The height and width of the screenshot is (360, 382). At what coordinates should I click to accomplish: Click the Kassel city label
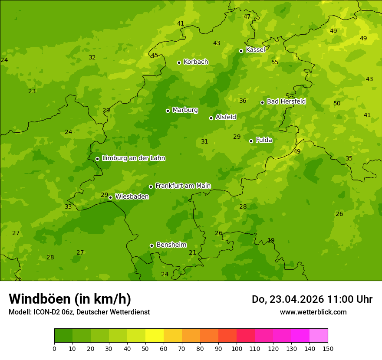[255, 50]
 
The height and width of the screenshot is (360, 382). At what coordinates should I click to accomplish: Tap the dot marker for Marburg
[168, 111]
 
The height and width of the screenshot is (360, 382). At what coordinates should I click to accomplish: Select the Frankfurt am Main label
[183, 186]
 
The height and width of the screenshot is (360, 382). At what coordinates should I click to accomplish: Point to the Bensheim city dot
[151, 245]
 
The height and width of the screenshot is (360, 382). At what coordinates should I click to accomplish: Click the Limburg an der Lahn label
[133, 158]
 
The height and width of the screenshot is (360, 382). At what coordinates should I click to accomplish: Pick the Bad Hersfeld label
[286, 101]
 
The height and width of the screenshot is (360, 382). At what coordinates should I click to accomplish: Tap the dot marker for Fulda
[251, 141]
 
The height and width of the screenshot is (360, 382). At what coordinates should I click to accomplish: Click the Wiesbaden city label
[132, 196]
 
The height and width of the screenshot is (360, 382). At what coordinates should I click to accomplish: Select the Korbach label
[196, 62]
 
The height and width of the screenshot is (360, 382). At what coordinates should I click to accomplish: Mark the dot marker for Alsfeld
[211, 118]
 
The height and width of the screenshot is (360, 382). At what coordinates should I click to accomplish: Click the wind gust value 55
[275, 62]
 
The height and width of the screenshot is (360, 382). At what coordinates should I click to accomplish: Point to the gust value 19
[271, 241]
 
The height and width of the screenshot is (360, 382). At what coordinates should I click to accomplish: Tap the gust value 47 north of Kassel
[247, 17]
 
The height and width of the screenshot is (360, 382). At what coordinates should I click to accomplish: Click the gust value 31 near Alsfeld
[204, 142]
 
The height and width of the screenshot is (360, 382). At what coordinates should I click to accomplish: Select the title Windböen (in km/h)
[70, 299]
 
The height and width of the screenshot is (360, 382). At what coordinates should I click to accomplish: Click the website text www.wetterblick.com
[313, 312]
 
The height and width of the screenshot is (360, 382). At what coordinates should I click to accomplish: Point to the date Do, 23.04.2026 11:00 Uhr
[312, 299]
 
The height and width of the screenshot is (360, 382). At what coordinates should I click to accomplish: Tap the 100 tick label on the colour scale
[237, 348]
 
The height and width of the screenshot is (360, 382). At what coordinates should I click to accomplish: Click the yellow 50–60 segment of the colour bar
[155, 336]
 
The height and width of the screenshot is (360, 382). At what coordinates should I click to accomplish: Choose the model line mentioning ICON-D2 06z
[79, 312]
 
